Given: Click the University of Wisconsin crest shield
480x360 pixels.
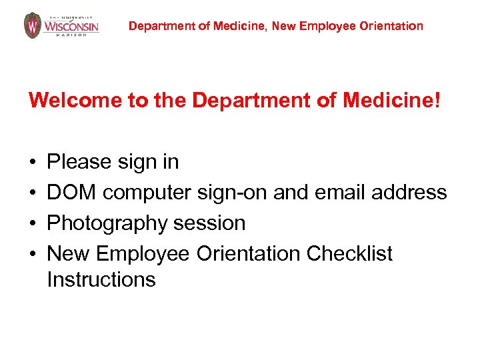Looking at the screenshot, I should click(x=32, y=25).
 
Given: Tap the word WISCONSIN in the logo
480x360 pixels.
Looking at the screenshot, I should click(x=71, y=27).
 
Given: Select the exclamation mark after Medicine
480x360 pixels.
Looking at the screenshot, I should click(x=437, y=101).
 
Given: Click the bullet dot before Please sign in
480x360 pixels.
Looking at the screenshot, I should click(x=32, y=162).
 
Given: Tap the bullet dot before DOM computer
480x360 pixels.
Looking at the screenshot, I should click(x=32, y=193).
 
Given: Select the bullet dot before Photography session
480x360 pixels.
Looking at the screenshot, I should click(x=32, y=223).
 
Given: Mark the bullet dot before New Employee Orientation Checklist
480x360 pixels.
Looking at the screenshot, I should click(x=32, y=254).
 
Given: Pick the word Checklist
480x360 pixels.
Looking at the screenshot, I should click(x=349, y=254).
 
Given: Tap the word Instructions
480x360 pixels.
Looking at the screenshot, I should click(x=101, y=279).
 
